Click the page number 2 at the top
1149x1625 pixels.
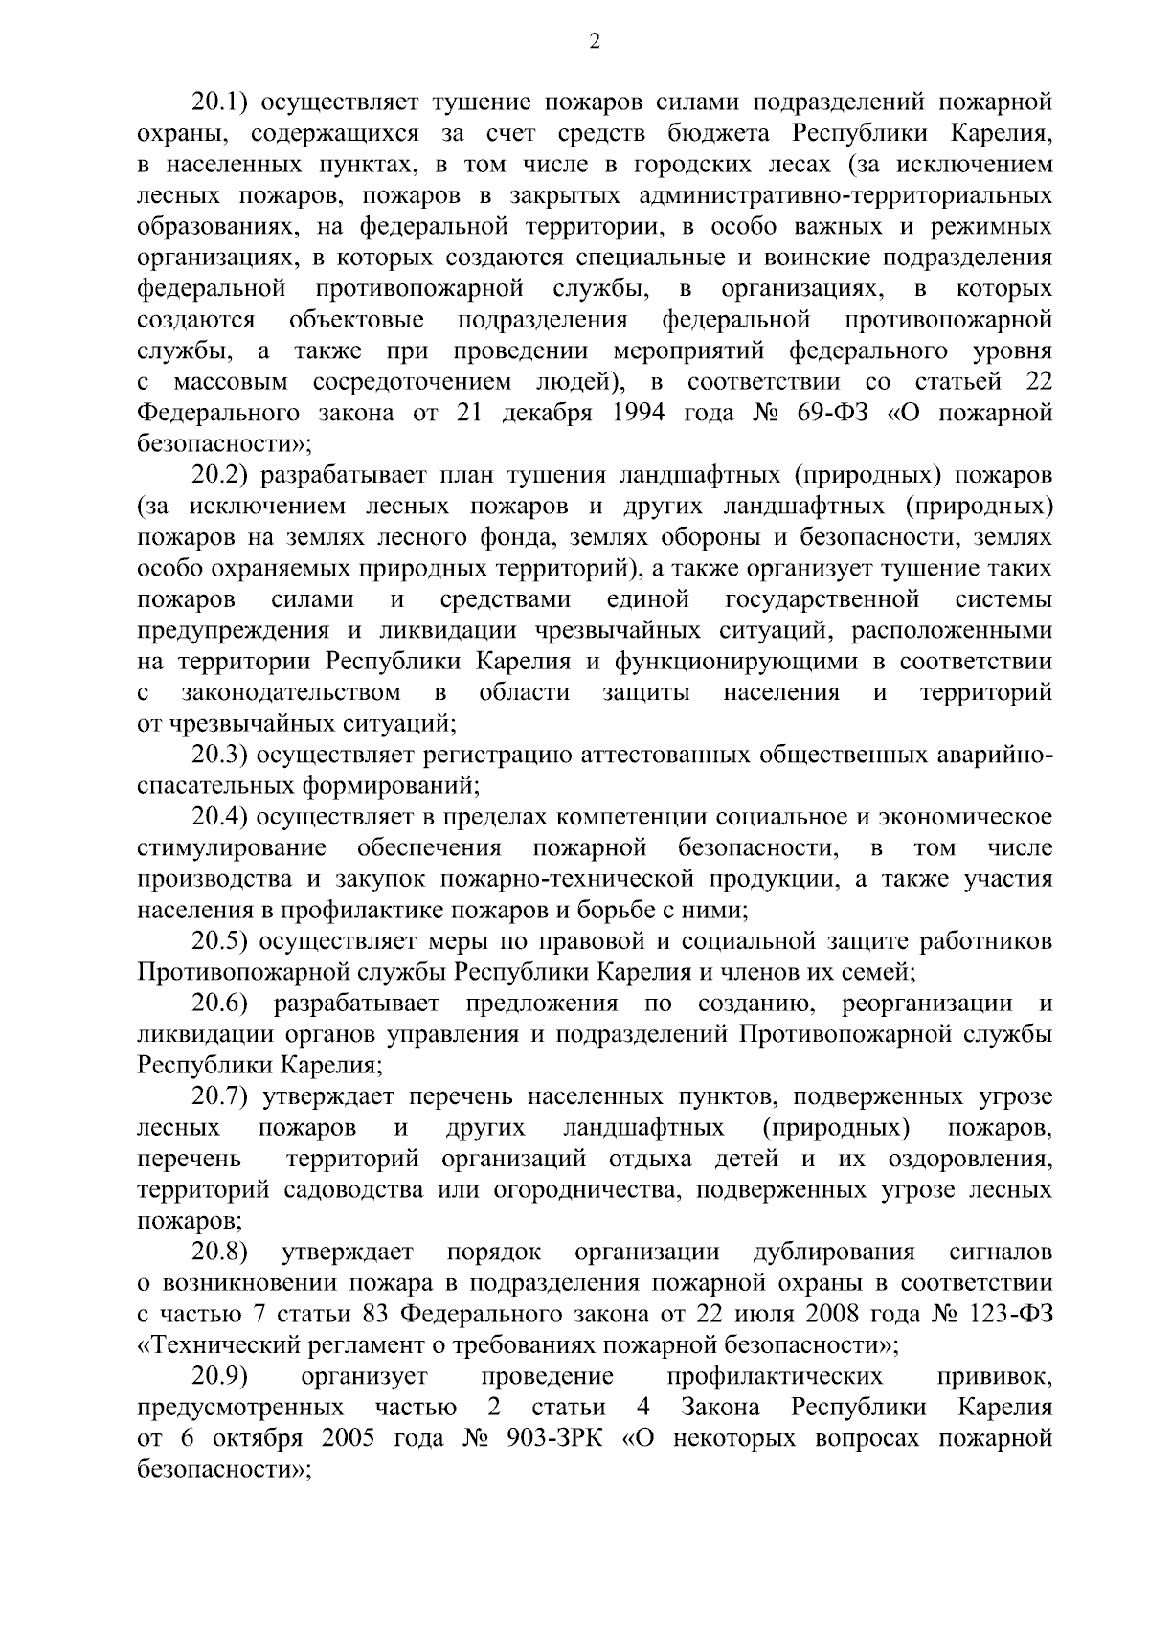(x=594, y=41)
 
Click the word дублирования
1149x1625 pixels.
(x=834, y=1252)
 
